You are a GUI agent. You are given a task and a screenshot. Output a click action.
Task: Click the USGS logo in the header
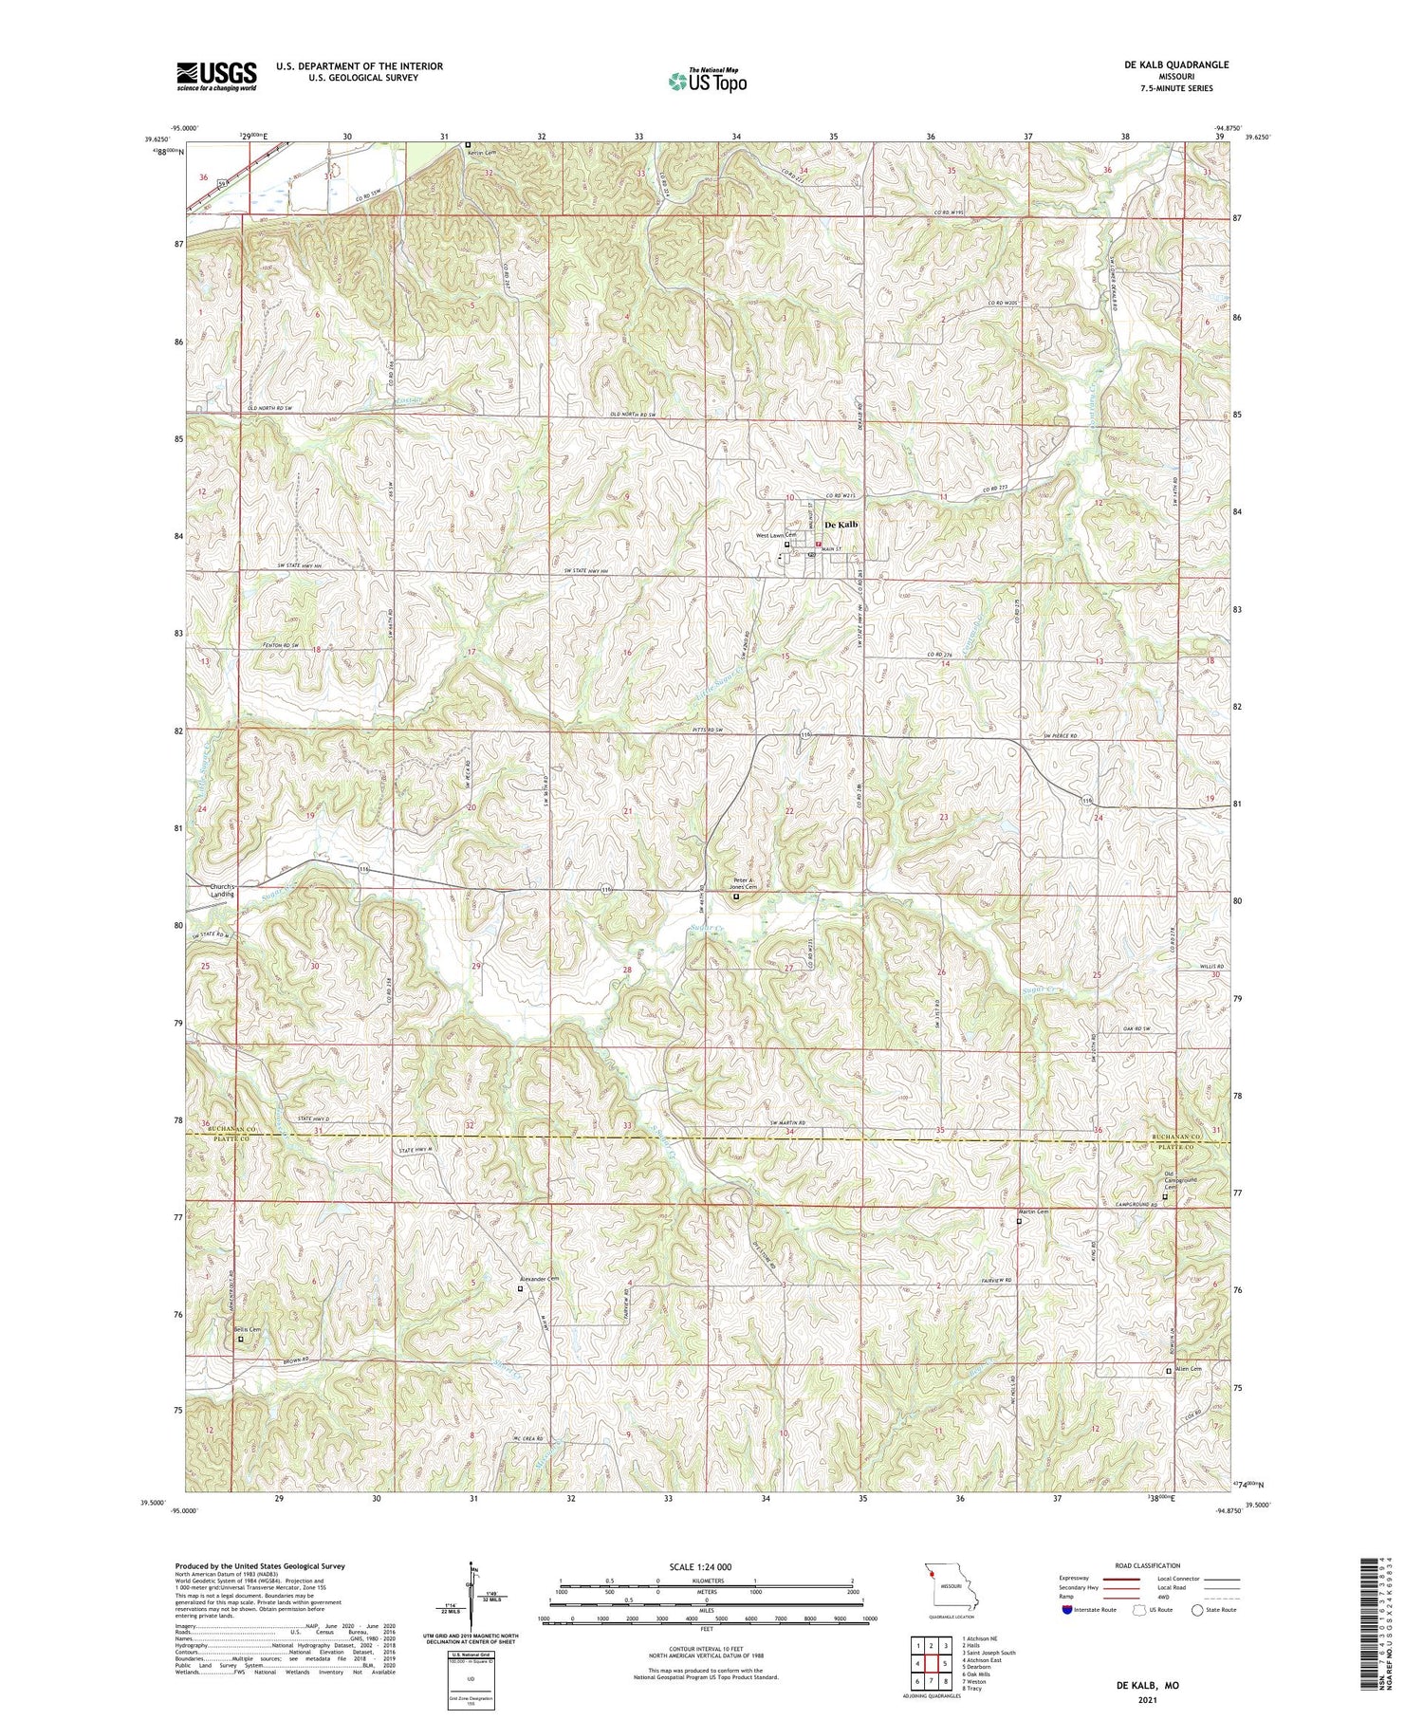[x=216, y=75]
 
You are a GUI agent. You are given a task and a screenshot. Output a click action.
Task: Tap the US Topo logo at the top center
[x=707, y=82]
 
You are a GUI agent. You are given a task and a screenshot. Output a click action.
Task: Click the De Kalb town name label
[x=841, y=525]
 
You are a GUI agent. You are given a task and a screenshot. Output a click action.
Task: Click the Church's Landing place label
[x=222, y=890]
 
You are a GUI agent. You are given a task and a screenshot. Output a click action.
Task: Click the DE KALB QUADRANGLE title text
[x=1173, y=65]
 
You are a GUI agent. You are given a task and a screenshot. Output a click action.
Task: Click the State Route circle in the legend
[x=1198, y=1610]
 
